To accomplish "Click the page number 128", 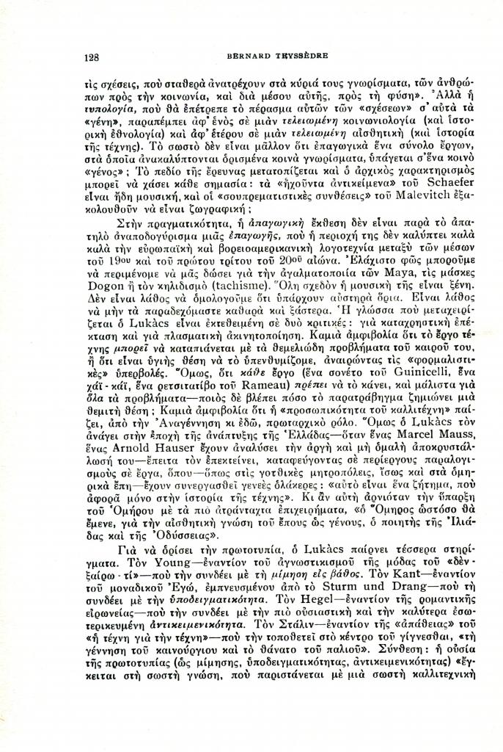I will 92,57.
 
